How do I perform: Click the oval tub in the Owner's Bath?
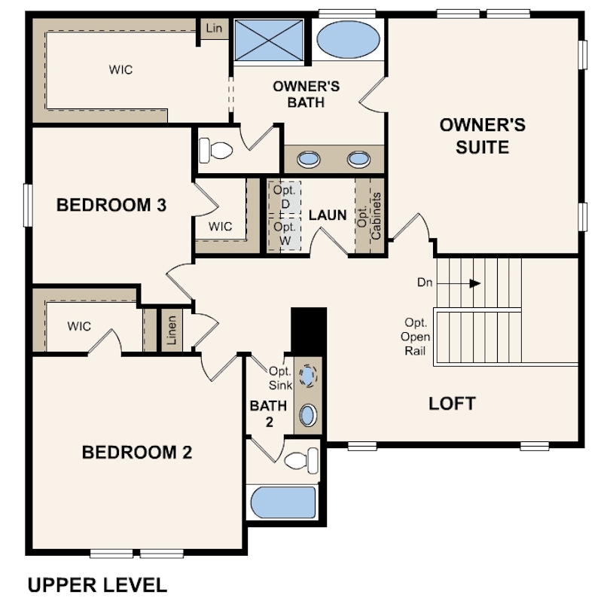[x=348, y=40]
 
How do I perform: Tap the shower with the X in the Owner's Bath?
[x=269, y=40]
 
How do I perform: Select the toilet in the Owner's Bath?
[x=215, y=150]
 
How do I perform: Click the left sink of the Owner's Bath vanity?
[x=309, y=160]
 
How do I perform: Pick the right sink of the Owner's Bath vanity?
[x=358, y=160]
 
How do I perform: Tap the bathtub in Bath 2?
[x=283, y=502]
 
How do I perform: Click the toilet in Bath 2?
[x=301, y=461]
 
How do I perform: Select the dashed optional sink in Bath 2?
[x=308, y=376]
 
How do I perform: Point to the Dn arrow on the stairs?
[x=459, y=284]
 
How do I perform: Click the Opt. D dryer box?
[x=285, y=197]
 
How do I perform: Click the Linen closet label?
[x=172, y=330]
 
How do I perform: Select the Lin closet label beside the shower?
[x=214, y=28]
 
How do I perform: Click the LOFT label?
[x=452, y=404]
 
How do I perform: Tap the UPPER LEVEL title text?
[x=97, y=585]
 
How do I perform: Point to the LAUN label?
[x=328, y=215]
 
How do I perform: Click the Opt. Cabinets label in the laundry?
[x=369, y=216]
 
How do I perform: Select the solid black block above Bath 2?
[x=309, y=331]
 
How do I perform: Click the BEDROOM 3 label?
[x=111, y=205]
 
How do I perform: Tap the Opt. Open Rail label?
[x=415, y=337]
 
